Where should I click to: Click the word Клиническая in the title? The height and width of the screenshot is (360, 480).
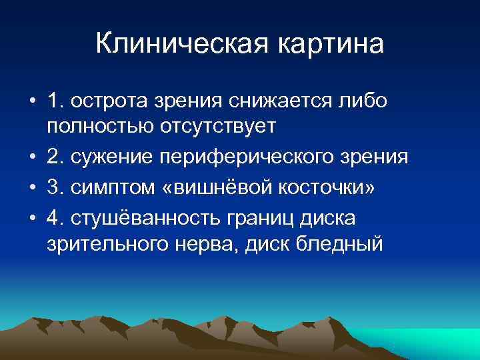click(x=180, y=45)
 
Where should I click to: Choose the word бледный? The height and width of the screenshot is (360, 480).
click(x=342, y=243)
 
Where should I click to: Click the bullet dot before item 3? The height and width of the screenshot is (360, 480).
click(x=32, y=188)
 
